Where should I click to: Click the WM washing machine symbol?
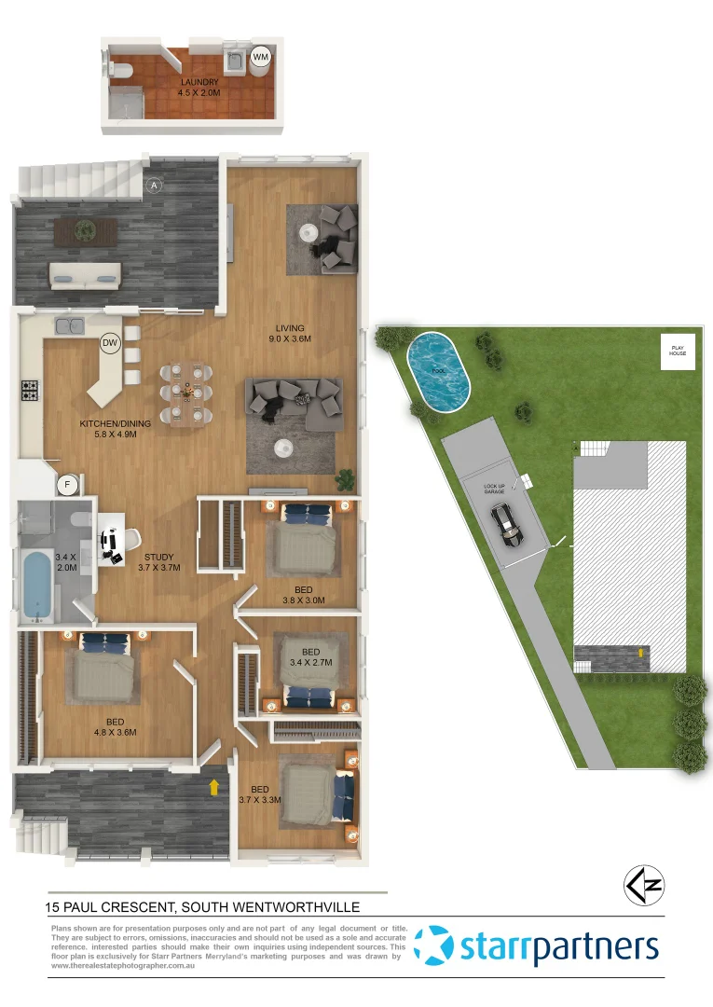(261, 57)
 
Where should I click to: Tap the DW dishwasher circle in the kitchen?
(110, 344)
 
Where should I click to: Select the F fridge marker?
(66, 484)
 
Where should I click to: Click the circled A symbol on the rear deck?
(155, 186)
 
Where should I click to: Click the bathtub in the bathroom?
(36, 586)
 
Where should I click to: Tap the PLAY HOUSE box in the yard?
(678, 351)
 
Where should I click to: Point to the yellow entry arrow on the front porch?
(215, 787)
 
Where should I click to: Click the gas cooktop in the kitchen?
(30, 391)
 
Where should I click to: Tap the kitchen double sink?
(70, 325)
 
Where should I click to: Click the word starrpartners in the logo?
(559, 948)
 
